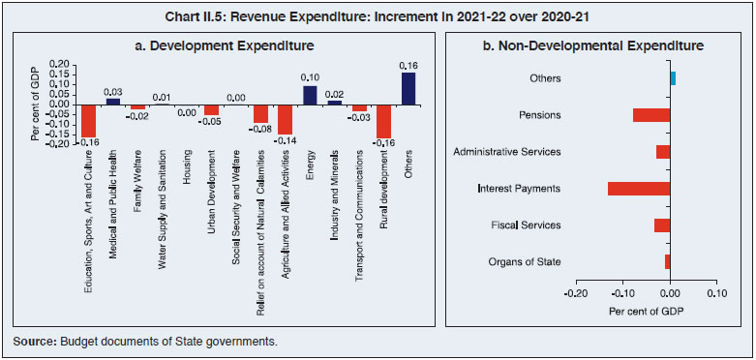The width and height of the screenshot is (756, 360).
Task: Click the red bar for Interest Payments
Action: coord(638,188)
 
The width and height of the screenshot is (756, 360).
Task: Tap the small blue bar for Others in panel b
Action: coord(673,78)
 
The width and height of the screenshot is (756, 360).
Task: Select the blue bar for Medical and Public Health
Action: coord(113,101)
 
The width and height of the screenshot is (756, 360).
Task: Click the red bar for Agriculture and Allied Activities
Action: coord(285,119)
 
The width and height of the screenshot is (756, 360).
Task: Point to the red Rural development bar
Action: coord(383,121)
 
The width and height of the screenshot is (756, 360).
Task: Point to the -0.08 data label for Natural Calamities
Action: coord(260,129)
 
